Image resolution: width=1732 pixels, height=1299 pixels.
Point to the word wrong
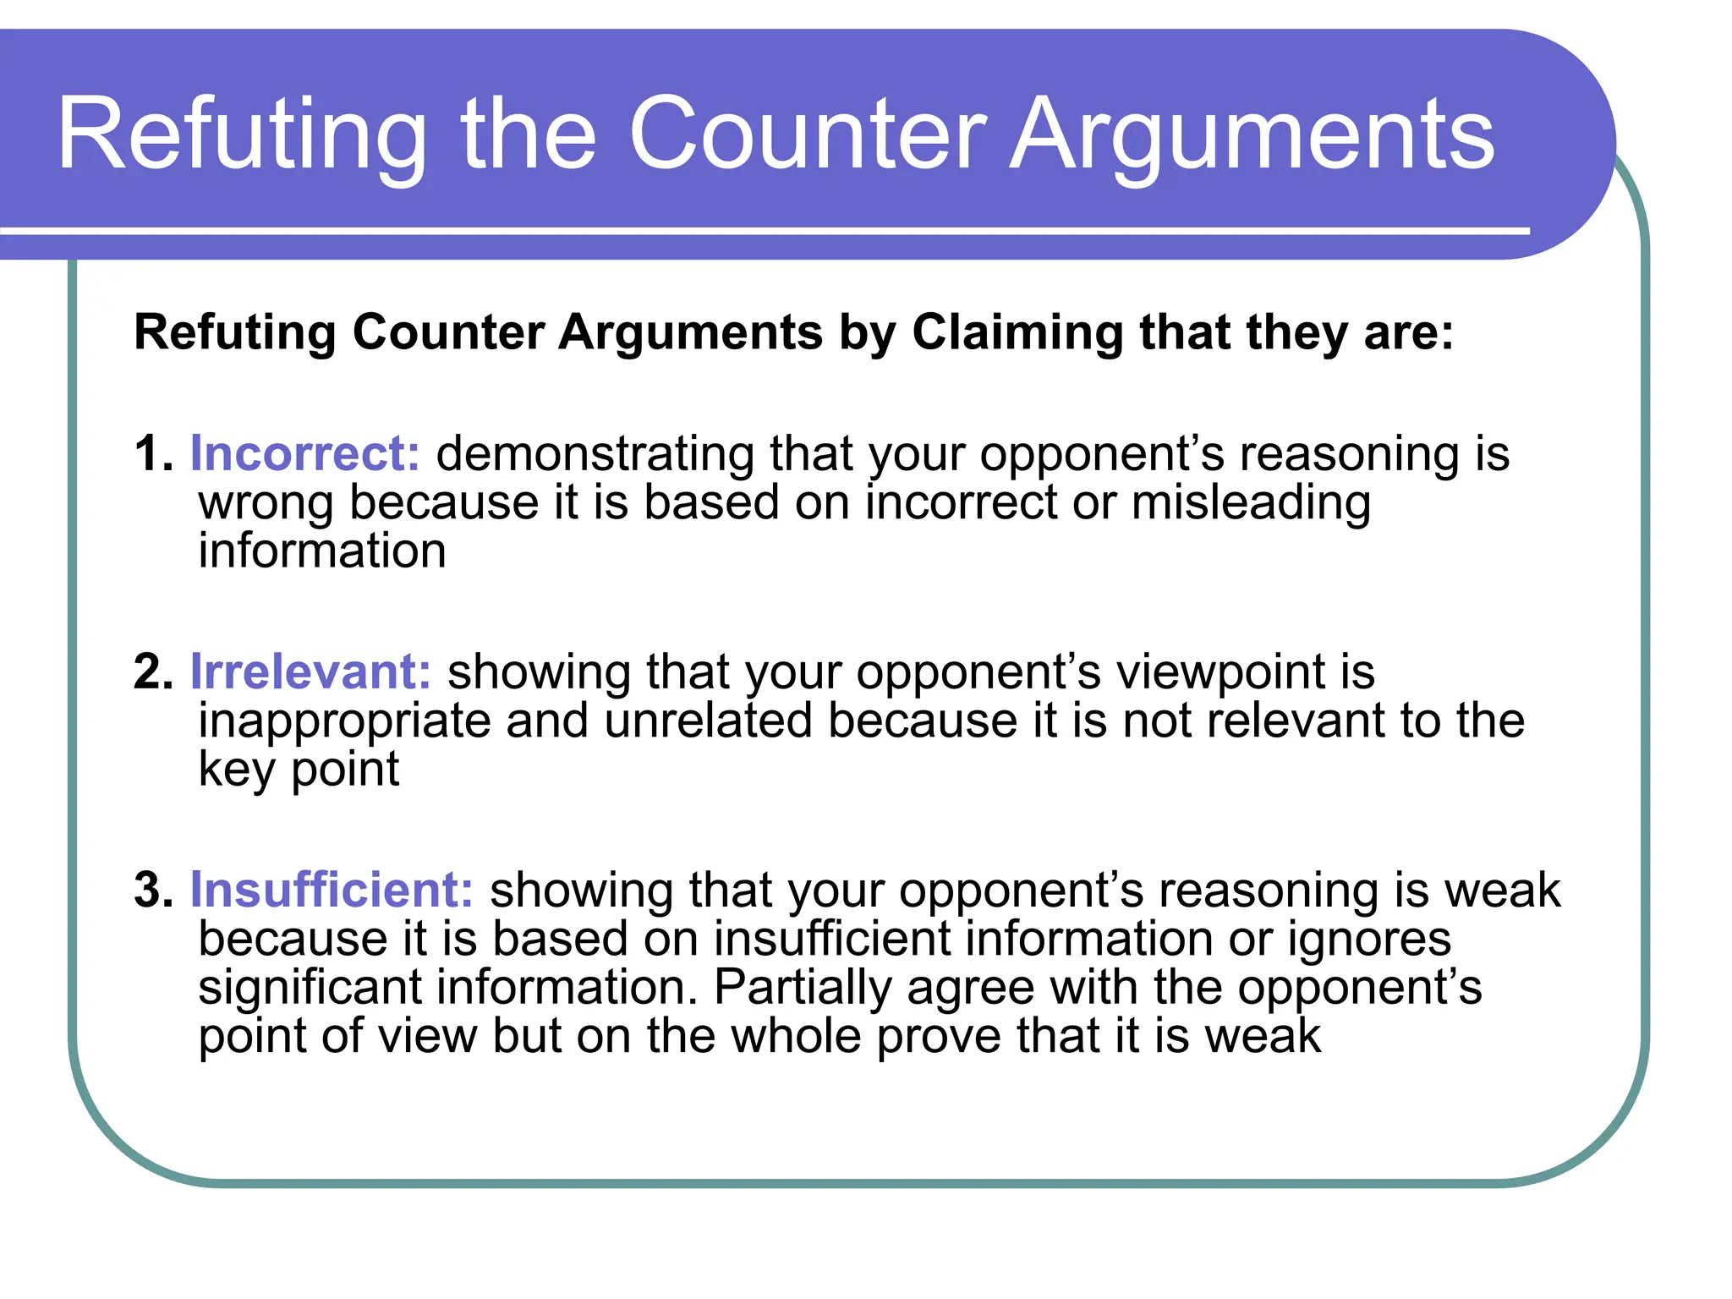[x=266, y=503]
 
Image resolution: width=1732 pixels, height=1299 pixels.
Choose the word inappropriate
[x=344, y=721]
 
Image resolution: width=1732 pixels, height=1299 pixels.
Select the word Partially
[x=803, y=987]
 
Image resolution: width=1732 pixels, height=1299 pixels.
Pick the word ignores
[x=1369, y=939]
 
